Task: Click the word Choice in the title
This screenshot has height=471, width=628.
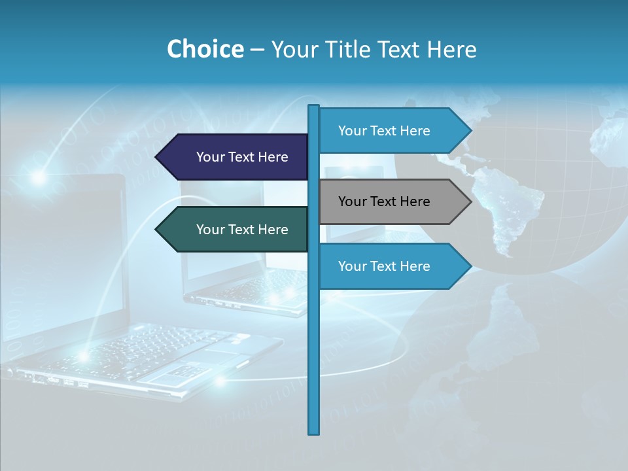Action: (205, 50)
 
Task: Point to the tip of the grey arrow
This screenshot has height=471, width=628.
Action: (470, 201)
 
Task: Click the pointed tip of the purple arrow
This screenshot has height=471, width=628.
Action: (157, 157)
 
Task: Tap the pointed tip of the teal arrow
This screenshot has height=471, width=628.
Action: (157, 230)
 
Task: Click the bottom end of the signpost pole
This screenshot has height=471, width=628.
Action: (314, 432)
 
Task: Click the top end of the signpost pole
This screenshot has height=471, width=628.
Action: (314, 107)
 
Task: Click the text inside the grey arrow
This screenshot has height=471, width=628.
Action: (384, 201)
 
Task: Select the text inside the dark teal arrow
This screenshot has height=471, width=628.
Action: (242, 230)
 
